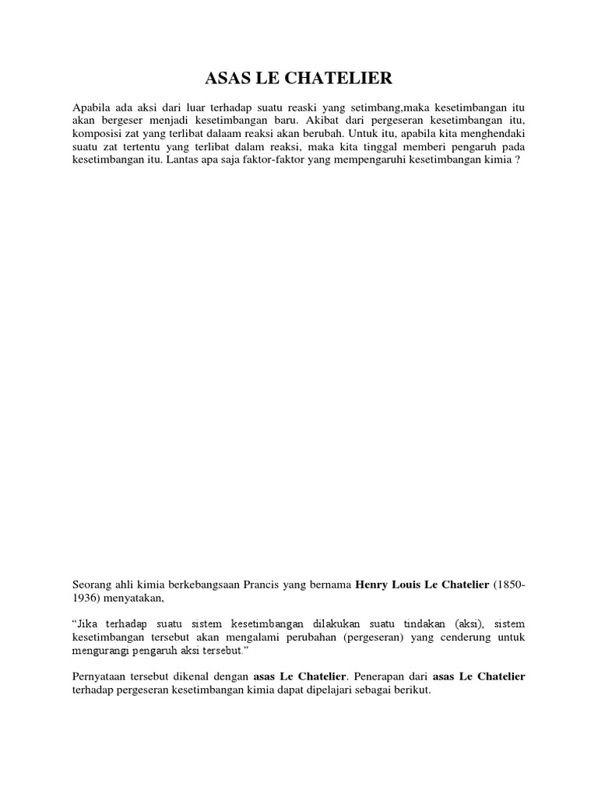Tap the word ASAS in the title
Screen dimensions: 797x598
(225, 78)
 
